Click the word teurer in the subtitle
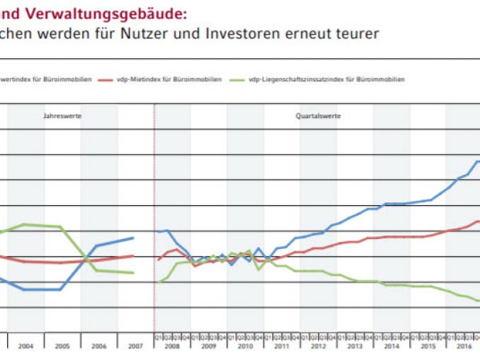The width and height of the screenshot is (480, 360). pyautogui.click(x=359, y=33)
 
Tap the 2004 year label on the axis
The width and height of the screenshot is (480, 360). pyautogui.click(x=25, y=347)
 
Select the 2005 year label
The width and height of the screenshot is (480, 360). pyautogui.click(x=62, y=347)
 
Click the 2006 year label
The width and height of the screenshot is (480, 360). pyautogui.click(x=98, y=347)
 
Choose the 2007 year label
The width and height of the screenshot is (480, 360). pyautogui.click(x=135, y=347)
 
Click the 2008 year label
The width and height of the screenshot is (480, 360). pyautogui.click(x=172, y=347)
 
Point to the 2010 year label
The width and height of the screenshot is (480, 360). pyautogui.click(x=244, y=347)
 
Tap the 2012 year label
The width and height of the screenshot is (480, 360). pyautogui.click(x=317, y=347)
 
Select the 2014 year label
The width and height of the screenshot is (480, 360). pyautogui.click(x=390, y=347)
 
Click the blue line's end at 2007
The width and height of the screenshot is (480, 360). pyautogui.click(x=133, y=238)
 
